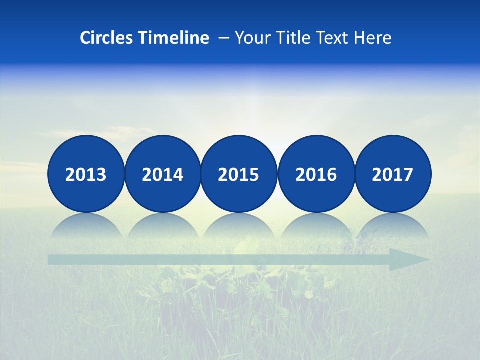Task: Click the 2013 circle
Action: pos(86,174)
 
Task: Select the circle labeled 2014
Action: pos(162,174)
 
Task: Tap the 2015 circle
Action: pos(239,174)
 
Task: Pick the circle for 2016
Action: pos(316,174)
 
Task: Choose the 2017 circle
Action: pos(392,174)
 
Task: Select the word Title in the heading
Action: pos(291,38)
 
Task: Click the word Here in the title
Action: pos(373,38)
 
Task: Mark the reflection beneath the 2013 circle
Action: pos(86,226)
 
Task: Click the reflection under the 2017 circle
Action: pos(392,226)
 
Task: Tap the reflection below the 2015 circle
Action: pos(239,226)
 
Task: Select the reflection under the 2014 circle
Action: pos(162,226)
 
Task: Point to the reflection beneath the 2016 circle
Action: pos(316,226)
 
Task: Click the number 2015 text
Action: pos(239,175)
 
